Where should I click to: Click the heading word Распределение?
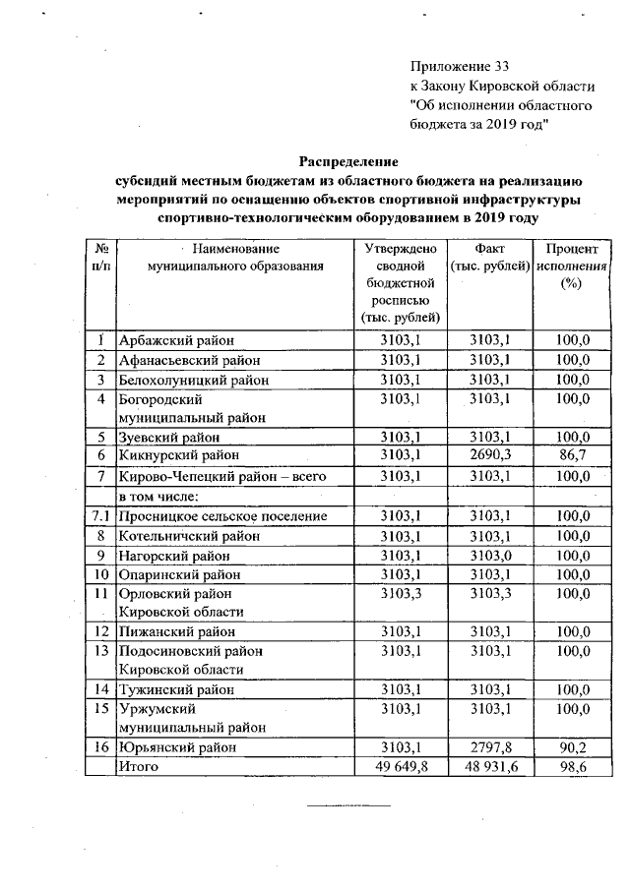click(348, 160)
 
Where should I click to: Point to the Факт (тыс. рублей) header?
click(489, 258)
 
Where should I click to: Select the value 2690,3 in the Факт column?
click(489, 454)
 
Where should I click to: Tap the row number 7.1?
click(99, 516)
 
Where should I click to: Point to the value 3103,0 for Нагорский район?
click(489, 555)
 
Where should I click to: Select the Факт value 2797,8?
click(489, 746)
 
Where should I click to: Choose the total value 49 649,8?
click(399, 765)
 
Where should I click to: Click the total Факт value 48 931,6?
click(489, 765)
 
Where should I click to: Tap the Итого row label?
click(138, 765)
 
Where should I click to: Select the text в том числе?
click(158, 497)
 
